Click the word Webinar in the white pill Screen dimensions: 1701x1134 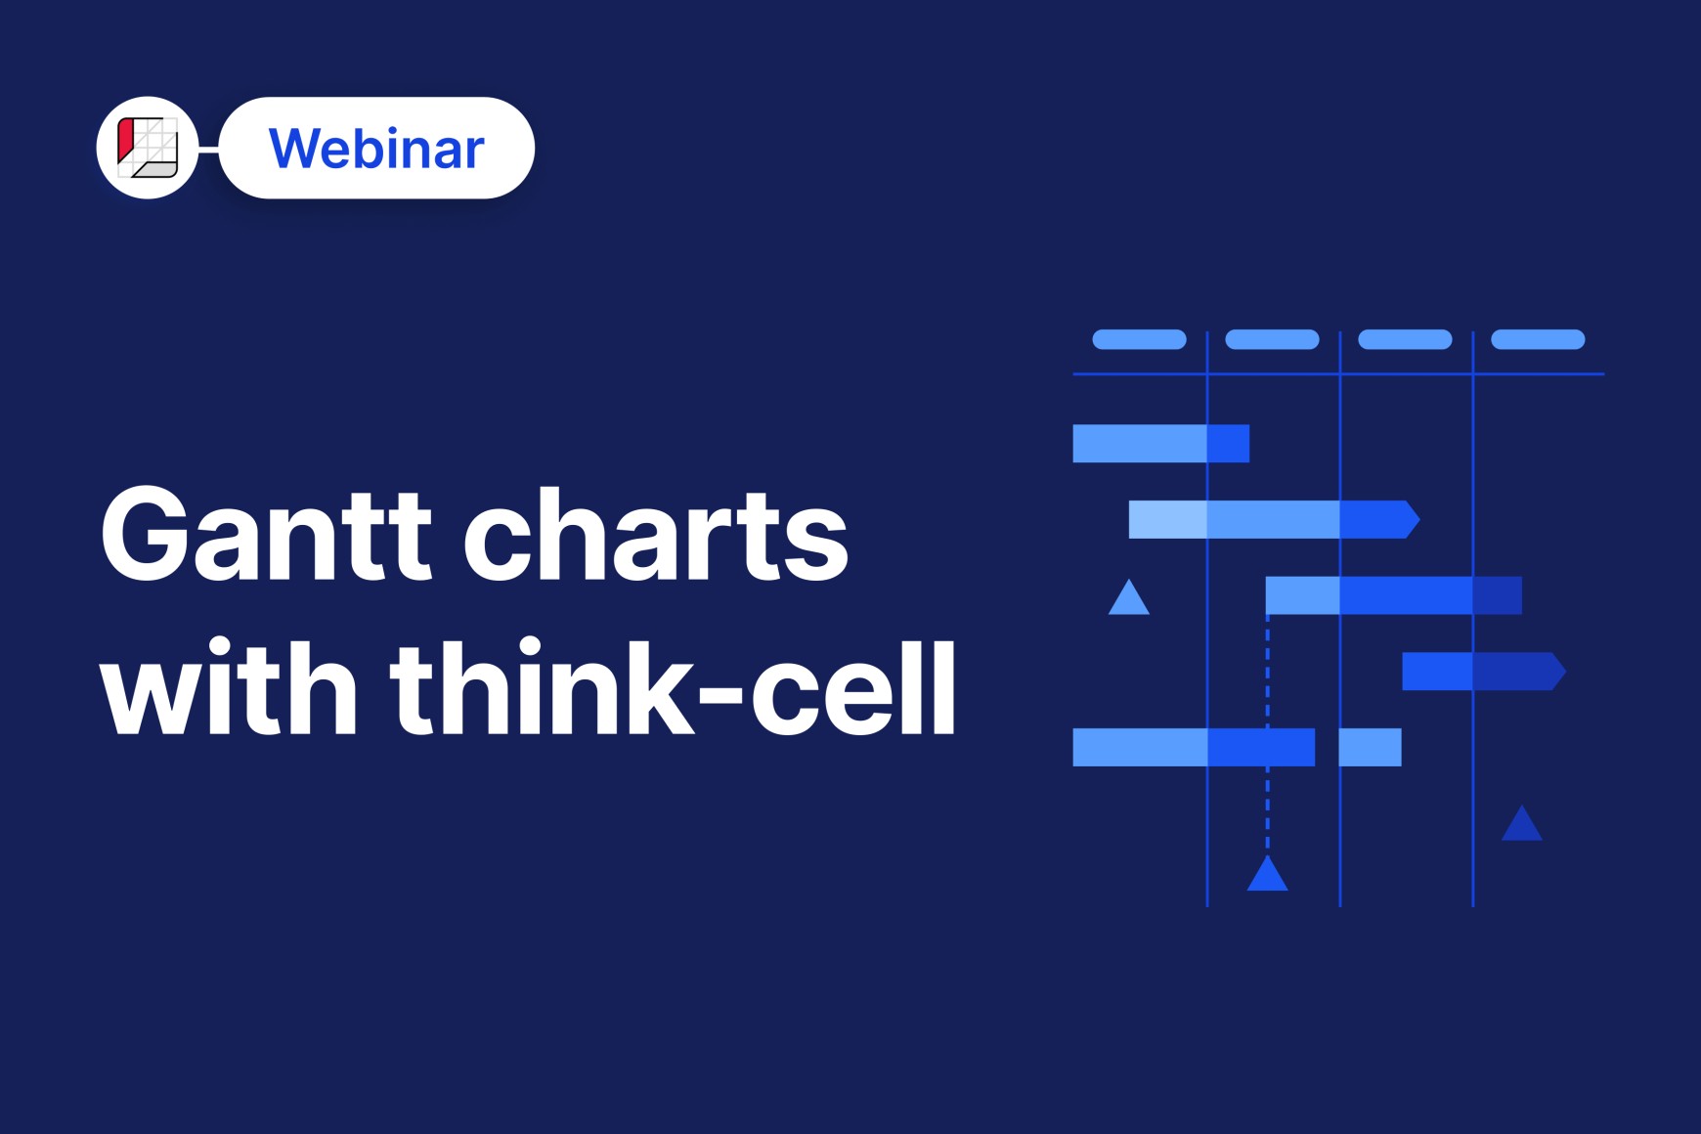376,149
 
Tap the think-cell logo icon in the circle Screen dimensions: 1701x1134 148,148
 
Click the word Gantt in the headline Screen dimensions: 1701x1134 265,534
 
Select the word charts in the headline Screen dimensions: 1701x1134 655,534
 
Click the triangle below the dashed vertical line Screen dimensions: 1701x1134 1268,875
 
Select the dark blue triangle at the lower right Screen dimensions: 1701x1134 1522,825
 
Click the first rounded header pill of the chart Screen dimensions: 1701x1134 1139,339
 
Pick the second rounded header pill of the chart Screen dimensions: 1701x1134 1272,339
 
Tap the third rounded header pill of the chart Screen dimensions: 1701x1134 1405,339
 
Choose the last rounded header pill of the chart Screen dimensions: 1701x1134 1538,339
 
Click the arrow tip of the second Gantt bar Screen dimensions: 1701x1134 1419,519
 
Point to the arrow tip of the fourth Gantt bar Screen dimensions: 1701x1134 1566,672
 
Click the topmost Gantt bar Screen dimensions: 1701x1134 1161,443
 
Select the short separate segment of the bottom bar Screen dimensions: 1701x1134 1371,747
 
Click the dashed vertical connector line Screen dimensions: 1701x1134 1268,733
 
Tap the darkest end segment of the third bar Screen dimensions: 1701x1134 1498,595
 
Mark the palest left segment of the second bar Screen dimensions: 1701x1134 1168,519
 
